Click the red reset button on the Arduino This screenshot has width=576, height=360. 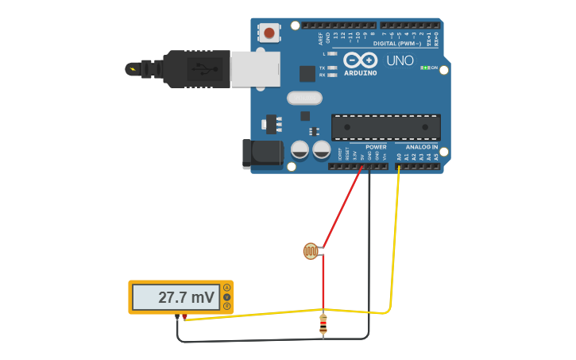tap(269, 33)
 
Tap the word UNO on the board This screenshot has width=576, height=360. tap(400, 61)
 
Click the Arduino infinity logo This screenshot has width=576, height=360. tap(360, 60)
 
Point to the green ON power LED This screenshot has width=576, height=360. tap(427, 68)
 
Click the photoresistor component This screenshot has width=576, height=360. tap(311, 252)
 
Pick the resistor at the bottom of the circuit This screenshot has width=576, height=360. tap(323, 324)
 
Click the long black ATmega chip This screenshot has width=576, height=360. tap(385, 127)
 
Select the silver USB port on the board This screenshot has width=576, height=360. tap(255, 69)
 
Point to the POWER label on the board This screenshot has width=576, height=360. tap(376, 147)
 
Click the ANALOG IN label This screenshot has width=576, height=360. tap(422, 147)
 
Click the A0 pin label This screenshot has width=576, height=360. tap(399, 157)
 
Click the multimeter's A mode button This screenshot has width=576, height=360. tap(227, 288)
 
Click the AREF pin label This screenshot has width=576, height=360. tap(321, 38)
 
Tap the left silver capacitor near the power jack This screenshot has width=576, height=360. tap(300, 149)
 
